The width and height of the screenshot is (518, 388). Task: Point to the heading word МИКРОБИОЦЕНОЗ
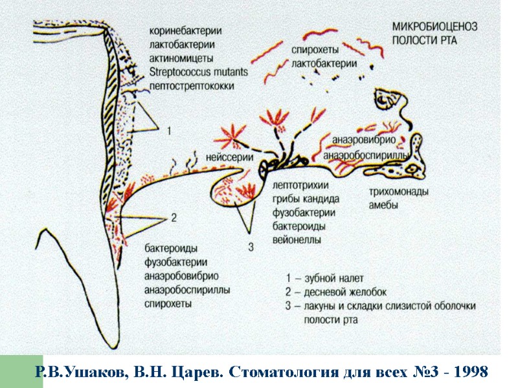point(434,27)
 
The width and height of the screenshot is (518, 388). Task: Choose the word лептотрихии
point(299,186)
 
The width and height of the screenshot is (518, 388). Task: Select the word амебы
point(383,206)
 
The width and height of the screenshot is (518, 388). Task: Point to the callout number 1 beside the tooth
point(169,131)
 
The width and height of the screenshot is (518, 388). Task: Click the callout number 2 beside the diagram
point(173,218)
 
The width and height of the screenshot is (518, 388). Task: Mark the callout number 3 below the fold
point(251,246)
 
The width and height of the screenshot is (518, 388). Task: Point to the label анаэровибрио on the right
point(359,140)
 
